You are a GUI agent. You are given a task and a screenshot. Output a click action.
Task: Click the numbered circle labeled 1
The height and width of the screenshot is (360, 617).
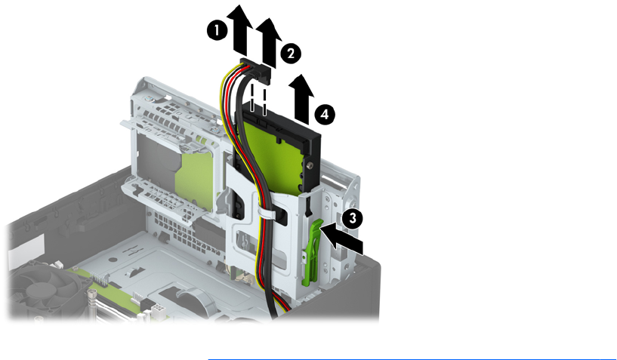pos(217,30)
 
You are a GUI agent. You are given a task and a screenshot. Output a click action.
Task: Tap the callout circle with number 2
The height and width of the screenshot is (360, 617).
pos(291,53)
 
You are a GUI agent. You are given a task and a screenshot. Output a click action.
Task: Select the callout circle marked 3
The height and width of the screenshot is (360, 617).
pos(353,217)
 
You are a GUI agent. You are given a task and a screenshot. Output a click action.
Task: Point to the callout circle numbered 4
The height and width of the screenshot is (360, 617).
pos(325,115)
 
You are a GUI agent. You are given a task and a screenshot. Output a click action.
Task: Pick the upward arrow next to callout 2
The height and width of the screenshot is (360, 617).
pos(269,42)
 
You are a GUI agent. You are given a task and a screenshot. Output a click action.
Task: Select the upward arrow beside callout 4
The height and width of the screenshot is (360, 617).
pos(301,98)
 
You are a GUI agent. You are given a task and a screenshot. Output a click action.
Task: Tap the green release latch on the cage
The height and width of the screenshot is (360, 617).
pos(312,252)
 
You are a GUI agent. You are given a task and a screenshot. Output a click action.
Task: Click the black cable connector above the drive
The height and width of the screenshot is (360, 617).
pos(256,71)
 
